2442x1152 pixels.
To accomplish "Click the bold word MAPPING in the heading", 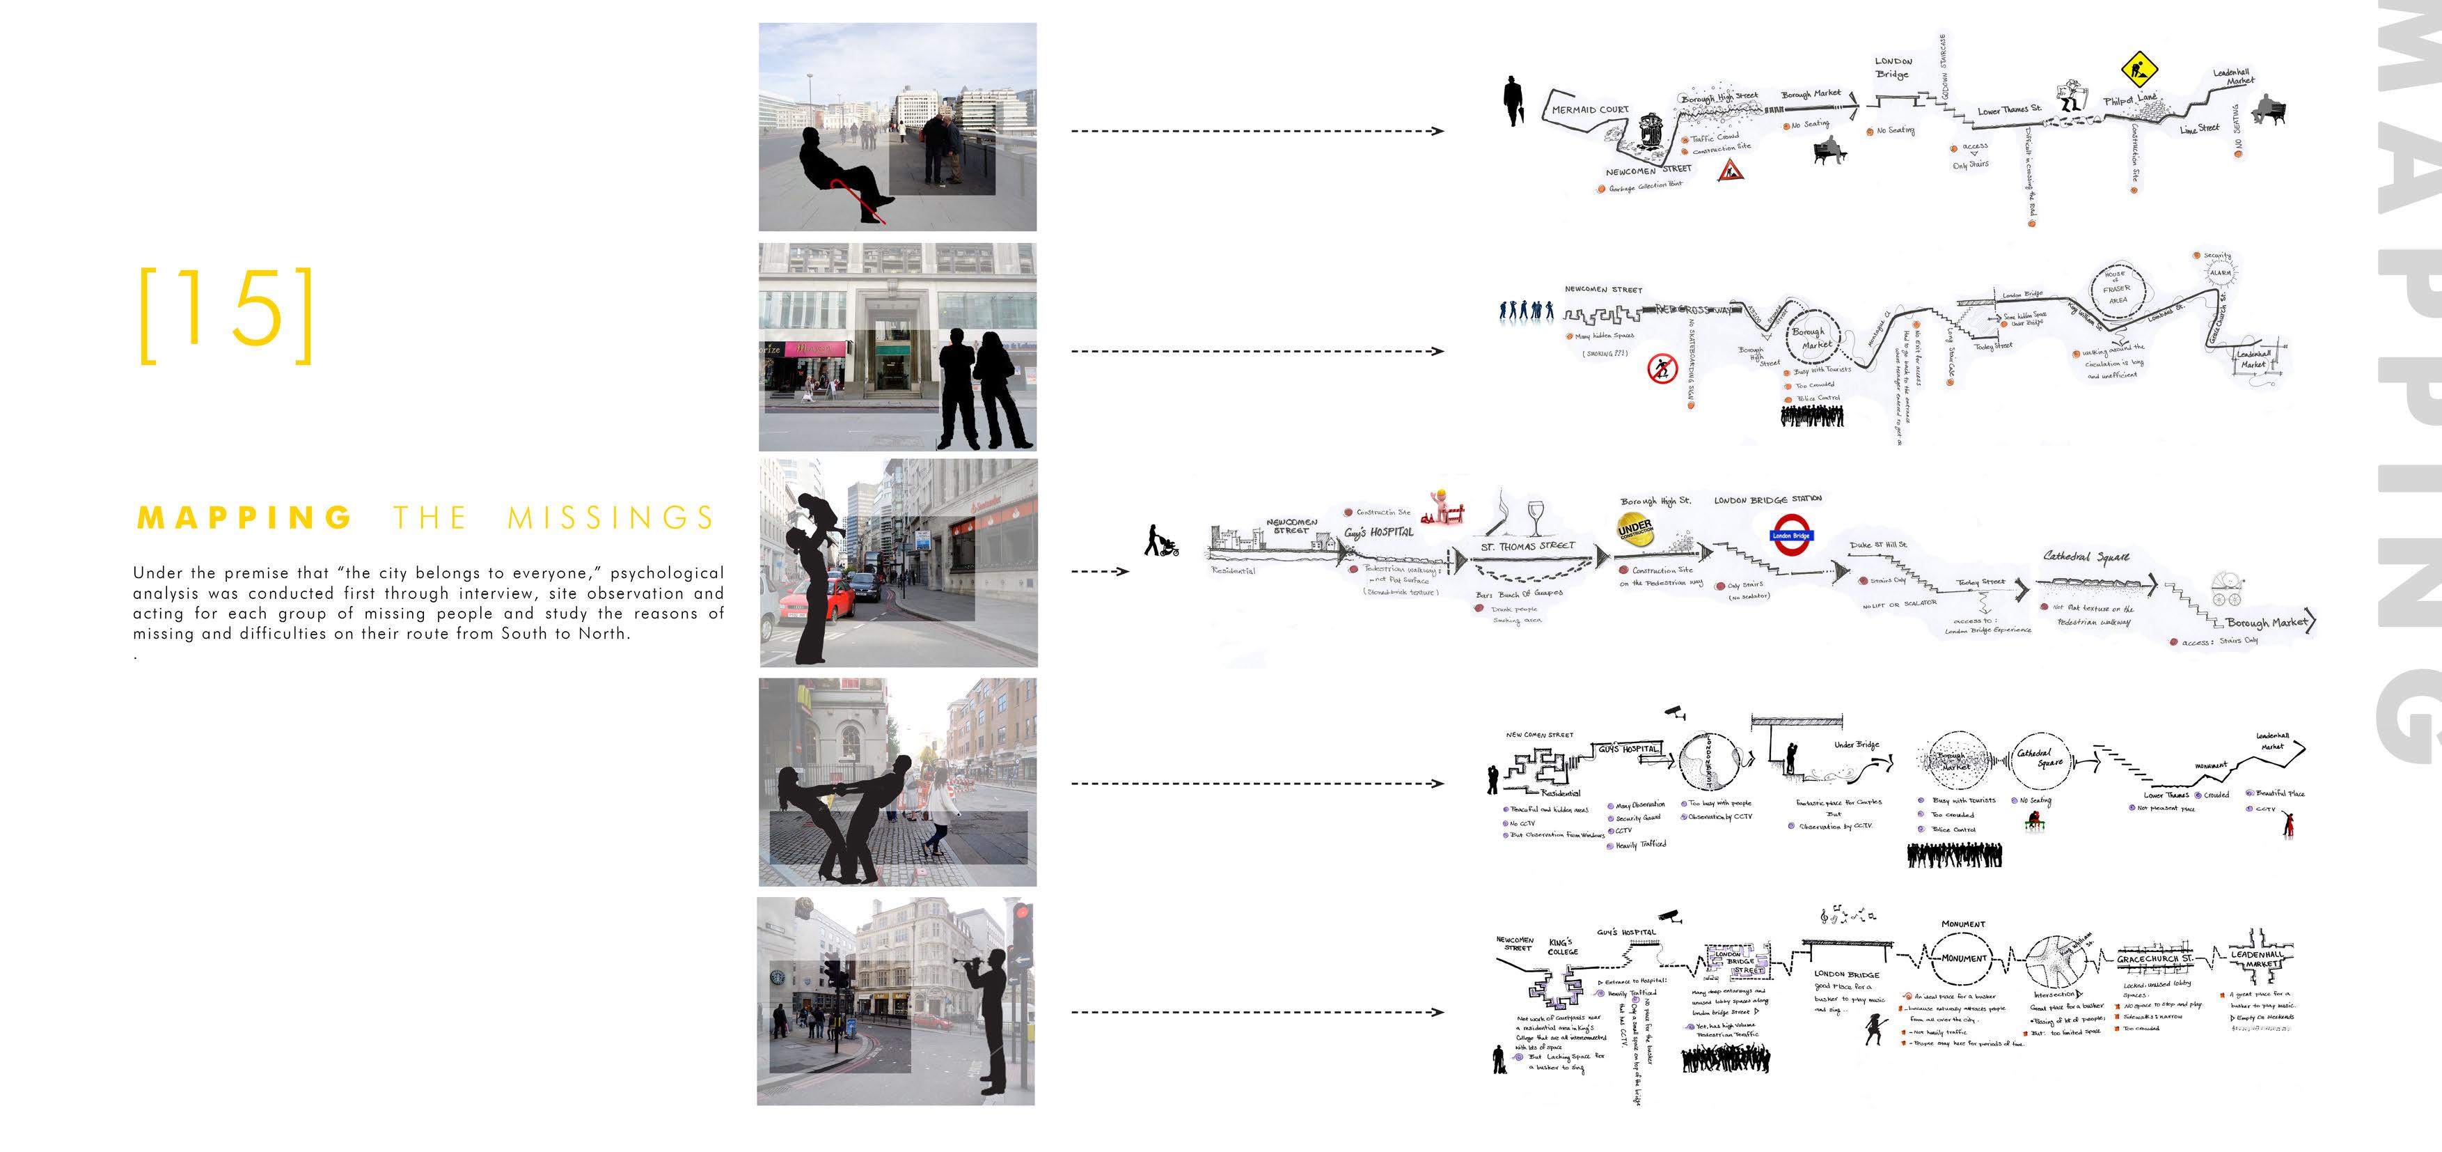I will pos(244,517).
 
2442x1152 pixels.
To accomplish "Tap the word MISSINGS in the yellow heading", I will pos(610,517).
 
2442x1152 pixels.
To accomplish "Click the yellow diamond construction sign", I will pos(2138,68).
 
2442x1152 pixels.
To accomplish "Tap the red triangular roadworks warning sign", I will pos(1730,171).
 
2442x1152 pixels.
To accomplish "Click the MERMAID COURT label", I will pos(1590,110).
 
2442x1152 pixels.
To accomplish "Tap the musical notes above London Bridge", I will pos(1847,915).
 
